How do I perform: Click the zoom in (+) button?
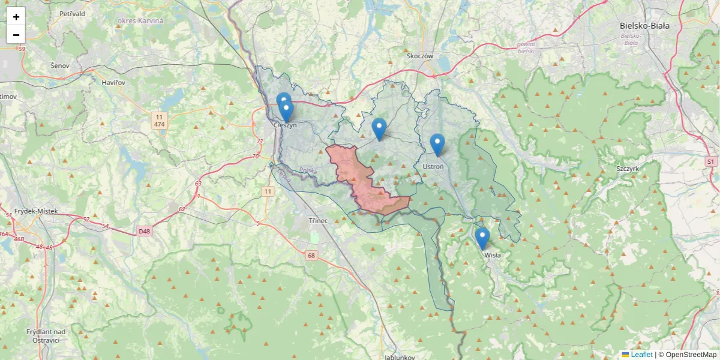(16, 17)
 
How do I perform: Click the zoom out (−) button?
(16, 35)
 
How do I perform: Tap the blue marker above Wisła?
(482, 238)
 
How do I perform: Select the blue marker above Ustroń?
(437, 145)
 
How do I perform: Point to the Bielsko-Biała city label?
(644, 26)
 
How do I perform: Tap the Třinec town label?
(318, 221)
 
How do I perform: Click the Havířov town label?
(113, 82)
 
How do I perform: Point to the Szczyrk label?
(628, 169)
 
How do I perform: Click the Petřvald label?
(73, 13)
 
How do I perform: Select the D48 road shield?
(144, 231)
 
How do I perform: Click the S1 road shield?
(711, 162)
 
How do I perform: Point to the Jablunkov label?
(400, 356)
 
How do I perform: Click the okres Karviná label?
(140, 21)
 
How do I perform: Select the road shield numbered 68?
(311, 256)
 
